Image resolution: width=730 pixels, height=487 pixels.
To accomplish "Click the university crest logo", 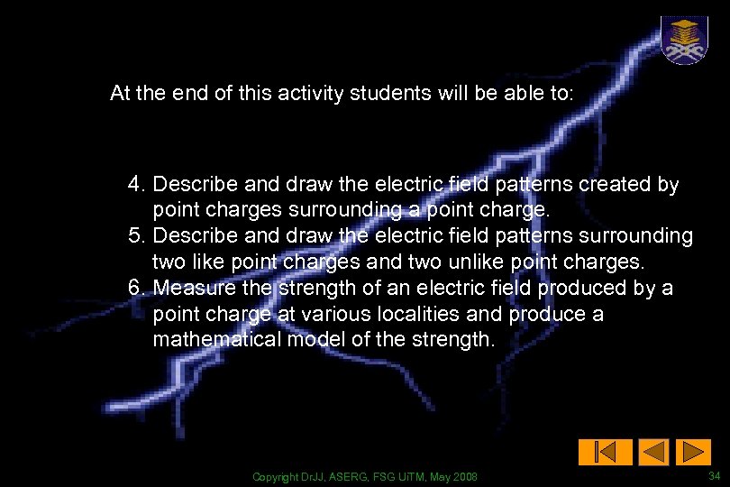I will point(684,40).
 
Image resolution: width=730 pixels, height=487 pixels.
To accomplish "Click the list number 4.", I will point(137,185).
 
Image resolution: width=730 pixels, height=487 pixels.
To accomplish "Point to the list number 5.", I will point(137,236).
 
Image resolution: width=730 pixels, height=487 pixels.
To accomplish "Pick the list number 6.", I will point(137,289).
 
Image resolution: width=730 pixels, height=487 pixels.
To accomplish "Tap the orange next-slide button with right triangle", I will point(693,452).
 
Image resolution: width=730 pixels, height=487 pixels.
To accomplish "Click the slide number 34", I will point(714,475).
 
